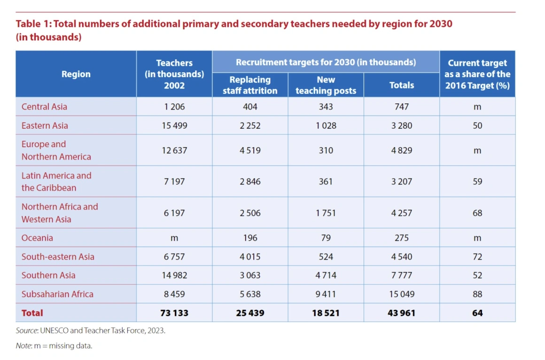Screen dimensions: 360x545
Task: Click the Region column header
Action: (x=76, y=74)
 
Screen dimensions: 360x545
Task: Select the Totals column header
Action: (x=402, y=85)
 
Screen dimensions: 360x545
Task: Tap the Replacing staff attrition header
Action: (x=250, y=85)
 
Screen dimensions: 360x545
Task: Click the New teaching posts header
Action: (x=326, y=85)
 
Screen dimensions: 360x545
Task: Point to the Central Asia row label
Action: (x=44, y=107)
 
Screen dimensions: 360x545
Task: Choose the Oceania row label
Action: (x=37, y=238)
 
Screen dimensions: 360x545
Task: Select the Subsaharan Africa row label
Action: (x=57, y=294)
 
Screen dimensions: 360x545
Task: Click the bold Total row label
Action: (x=32, y=313)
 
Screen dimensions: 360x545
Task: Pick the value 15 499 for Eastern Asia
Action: (x=174, y=125)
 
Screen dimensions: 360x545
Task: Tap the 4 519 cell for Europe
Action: (x=250, y=150)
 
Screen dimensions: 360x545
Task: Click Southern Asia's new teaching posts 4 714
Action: (x=326, y=275)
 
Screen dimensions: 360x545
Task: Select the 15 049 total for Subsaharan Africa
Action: (x=402, y=294)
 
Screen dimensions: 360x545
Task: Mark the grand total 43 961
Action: (x=402, y=313)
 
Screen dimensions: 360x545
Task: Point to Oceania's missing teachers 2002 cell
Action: (x=174, y=238)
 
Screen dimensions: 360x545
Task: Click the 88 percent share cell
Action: (x=477, y=294)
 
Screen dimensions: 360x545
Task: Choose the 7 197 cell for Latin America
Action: (x=174, y=181)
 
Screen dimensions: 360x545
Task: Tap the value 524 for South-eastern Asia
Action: (x=326, y=257)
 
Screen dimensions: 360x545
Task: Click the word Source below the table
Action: (x=26, y=330)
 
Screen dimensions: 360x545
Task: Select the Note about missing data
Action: (x=54, y=346)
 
